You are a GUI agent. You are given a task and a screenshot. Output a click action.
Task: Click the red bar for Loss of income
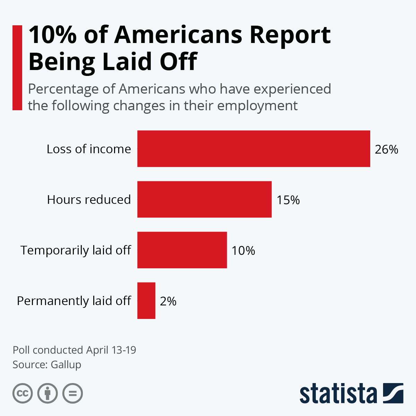click(253, 149)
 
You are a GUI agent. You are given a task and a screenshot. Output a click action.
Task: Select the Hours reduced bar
click(204, 199)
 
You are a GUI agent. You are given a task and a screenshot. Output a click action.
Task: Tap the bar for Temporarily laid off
click(182, 250)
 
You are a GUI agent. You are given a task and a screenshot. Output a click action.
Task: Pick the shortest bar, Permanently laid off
click(146, 301)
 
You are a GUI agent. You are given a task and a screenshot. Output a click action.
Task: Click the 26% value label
click(386, 149)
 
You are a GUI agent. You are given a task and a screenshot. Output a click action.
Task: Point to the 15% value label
click(288, 200)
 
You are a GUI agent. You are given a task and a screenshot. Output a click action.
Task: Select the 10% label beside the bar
click(243, 251)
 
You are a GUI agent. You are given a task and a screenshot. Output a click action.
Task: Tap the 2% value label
click(168, 301)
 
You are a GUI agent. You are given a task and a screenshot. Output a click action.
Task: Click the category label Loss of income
click(89, 149)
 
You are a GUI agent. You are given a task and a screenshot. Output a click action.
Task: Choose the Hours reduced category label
click(89, 200)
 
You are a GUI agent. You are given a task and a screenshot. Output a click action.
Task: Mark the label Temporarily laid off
click(76, 250)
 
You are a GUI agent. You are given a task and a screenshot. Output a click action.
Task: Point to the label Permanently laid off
click(74, 301)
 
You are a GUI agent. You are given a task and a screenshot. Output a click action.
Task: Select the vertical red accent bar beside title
click(17, 68)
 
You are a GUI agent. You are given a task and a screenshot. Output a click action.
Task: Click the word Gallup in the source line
click(66, 365)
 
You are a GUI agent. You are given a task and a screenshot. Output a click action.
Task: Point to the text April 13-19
click(111, 350)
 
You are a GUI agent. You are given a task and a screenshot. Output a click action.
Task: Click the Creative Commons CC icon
click(23, 393)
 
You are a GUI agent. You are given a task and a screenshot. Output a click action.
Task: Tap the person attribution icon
click(47, 393)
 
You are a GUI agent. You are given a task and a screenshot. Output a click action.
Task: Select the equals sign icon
click(73, 393)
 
